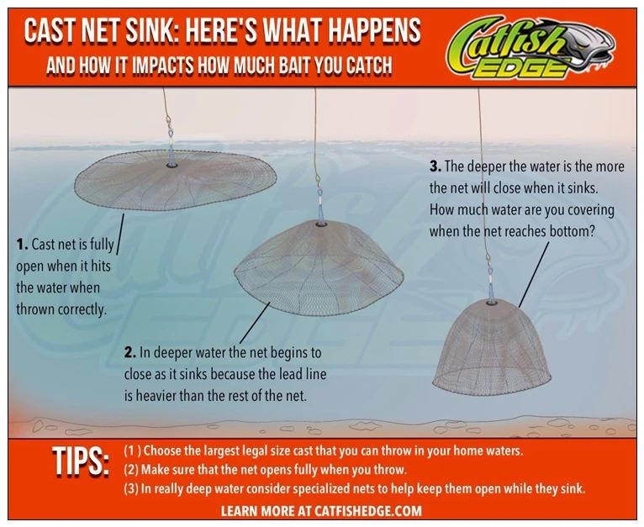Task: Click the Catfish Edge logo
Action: (531, 47)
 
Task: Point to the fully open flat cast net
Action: (176, 180)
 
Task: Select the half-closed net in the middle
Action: (319, 268)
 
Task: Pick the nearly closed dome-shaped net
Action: (492, 347)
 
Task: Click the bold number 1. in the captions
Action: (22, 245)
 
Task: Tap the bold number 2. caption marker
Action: (130, 353)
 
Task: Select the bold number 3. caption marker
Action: (435, 166)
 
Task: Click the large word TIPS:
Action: (81, 461)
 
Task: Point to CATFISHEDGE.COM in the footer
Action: (368, 511)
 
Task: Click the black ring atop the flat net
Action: (172, 165)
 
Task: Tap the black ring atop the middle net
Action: (321, 224)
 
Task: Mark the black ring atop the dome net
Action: (492, 303)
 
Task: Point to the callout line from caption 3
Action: (534, 274)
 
